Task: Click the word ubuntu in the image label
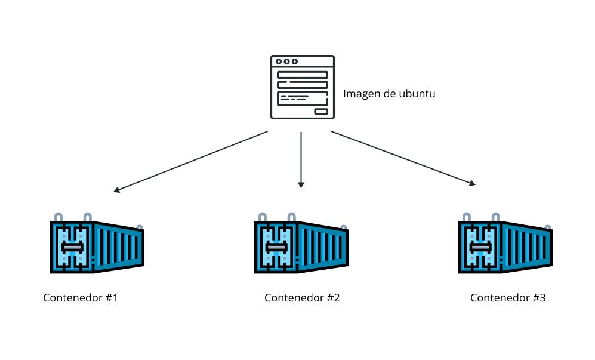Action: tap(415, 94)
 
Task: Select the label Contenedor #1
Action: tap(80, 297)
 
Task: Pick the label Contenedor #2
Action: tap(302, 297)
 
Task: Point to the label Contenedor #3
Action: tap(508, 297)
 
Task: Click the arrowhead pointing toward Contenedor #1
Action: tap(118, 190)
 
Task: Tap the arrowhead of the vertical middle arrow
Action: tap(301, 184)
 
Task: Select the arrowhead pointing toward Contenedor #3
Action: tap(472, 184)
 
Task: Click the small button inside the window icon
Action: tap(321, 111)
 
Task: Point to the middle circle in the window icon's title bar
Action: tap(286, 61)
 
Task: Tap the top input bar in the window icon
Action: tap(303, 75)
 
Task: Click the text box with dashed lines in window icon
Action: tap(303, 97)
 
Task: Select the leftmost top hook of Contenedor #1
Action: tap(58, 217)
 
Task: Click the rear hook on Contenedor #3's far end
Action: tap(548, 227)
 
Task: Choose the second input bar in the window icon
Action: tap(303, 85)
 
